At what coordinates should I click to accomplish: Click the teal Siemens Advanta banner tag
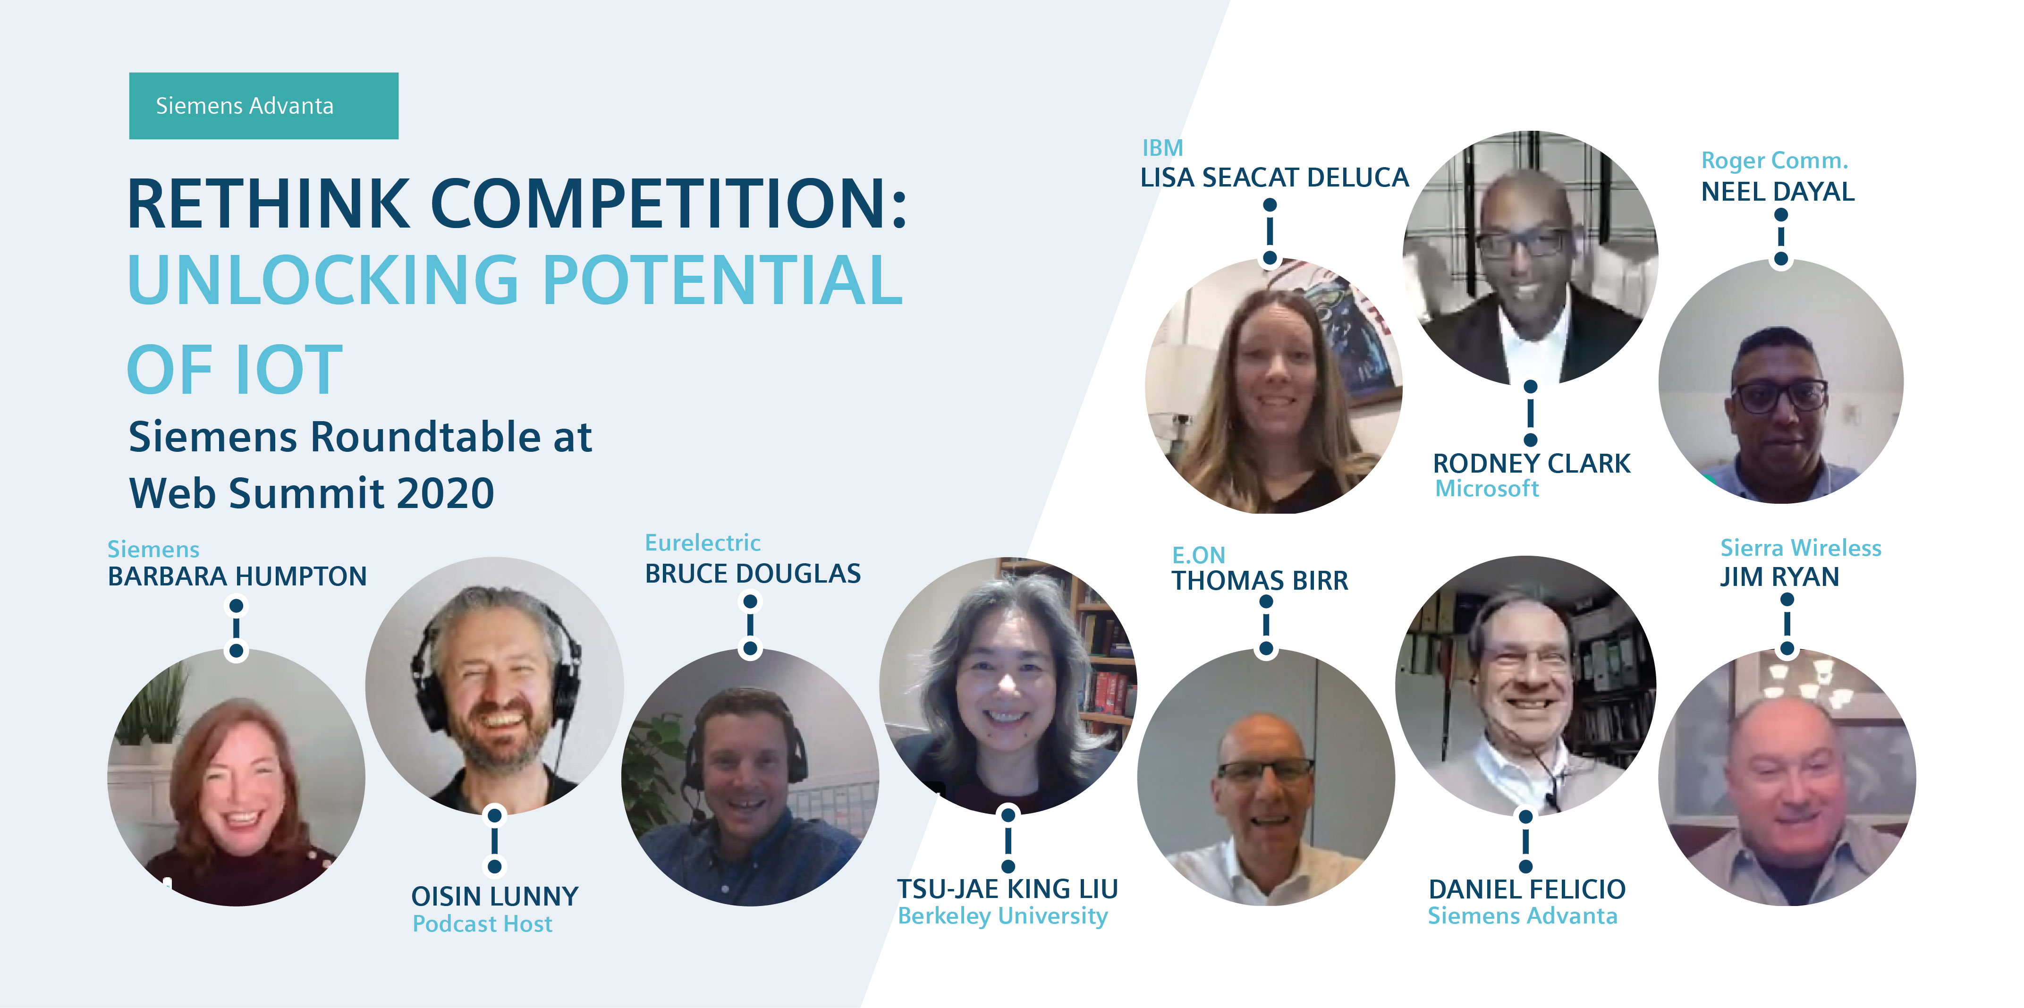point(263,106)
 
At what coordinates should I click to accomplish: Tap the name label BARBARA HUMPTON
point(237,576)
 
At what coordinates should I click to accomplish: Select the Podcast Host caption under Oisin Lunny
point(483,924)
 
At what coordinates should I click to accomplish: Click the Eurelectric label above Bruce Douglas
point(703,543)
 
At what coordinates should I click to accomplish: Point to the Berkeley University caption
point(1003,916)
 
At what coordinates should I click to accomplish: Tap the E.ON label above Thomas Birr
point(1198,555)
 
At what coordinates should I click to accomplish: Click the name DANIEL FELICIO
point(1527,889)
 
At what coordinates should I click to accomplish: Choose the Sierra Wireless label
point(1801,548)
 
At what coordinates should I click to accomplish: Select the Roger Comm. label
point(1774,160)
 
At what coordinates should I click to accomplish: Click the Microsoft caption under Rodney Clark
point(1487,489)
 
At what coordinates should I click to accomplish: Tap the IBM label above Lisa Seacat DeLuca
point(1162,148)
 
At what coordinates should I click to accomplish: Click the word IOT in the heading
point(288,370)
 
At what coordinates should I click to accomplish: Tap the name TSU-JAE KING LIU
point(1008,889)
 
